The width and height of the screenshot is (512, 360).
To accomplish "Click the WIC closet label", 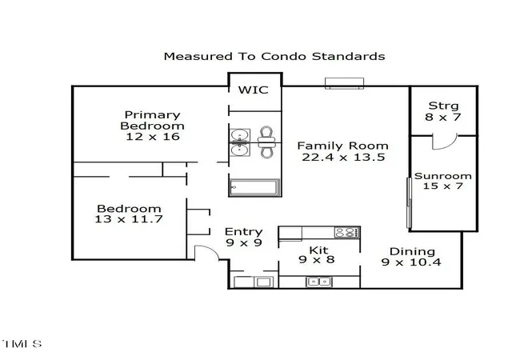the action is (254, 90).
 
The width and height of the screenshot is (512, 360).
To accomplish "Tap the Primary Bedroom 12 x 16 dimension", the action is (153, 137).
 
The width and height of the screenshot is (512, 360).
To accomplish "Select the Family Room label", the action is (343, 146).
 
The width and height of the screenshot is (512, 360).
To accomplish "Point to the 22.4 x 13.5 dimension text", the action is (343, 157).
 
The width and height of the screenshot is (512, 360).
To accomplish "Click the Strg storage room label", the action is (443, 106).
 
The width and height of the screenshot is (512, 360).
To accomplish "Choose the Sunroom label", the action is (443, 176).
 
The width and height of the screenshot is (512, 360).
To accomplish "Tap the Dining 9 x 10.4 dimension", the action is (411, 262).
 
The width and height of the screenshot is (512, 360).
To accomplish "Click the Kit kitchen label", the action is (318, 250).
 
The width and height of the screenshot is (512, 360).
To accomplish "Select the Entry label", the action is (243, 232).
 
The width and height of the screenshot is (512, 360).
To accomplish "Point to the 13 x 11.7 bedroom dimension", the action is (129, 219).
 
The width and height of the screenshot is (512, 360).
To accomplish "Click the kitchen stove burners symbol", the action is (347, 232).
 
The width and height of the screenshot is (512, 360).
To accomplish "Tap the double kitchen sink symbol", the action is (318, 282).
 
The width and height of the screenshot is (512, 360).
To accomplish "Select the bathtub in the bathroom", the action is (254, 187).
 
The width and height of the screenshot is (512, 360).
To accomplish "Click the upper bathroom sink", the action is (240, 134).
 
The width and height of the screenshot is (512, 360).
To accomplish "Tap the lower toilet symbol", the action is (266, 150).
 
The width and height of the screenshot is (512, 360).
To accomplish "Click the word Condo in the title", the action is (284, 56).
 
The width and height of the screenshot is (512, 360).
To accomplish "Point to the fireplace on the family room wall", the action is (345, 83).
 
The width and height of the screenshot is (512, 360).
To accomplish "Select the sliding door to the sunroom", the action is (409, 202).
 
